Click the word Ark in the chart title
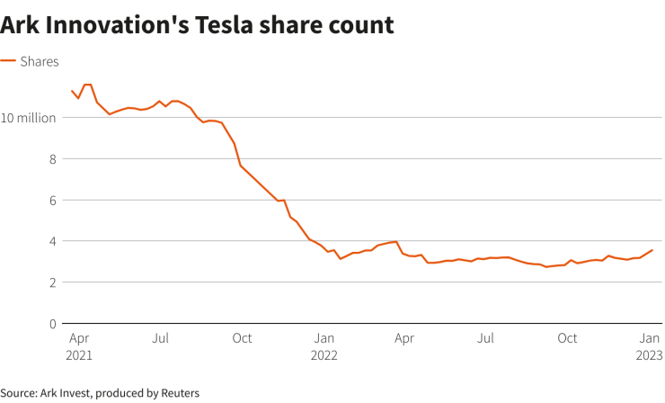[22, 25]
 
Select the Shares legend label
[40, 61]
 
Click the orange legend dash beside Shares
[8, 61]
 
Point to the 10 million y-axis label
[29, 118]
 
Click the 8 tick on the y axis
[53, 159]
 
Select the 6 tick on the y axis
[53, 201]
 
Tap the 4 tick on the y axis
[53, 241]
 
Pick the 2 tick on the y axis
[53, 282]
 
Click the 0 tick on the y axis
[53, 324]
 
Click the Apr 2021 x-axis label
[78, 346]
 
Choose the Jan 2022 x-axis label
[324, 346]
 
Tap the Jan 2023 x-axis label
[651, 346]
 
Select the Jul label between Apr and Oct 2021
[160, 339]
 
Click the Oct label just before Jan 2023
[567, 339]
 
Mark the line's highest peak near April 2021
[87, 85]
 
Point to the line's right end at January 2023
[652, 250]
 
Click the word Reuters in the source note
[179, 393]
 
